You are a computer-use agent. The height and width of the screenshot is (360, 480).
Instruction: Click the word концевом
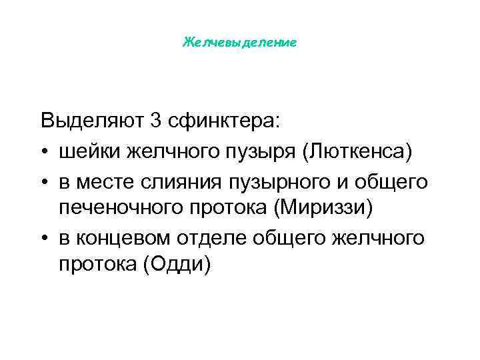(123, 237)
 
